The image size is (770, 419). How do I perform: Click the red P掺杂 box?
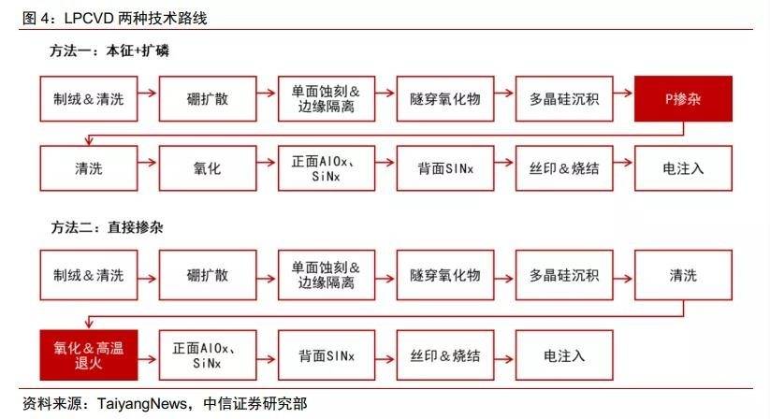point(683,98)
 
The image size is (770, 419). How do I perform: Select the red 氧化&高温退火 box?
point(89,355)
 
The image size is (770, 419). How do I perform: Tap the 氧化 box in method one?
point(208,168)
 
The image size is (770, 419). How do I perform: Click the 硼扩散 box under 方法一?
point(208,98)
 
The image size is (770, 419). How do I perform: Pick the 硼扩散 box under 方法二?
point(208,275)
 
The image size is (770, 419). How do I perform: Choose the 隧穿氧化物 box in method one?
point(445,98)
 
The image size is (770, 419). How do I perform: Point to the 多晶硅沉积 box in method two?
point(564,275)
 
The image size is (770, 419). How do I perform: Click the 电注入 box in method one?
point(683,168)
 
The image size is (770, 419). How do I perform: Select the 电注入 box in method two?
point(564,355)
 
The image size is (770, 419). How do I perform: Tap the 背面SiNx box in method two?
point(327,355)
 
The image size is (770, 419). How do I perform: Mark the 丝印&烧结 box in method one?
point(564,168)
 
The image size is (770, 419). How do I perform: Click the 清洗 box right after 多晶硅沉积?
point(683,275)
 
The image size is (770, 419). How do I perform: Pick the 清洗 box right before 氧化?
point(89,168)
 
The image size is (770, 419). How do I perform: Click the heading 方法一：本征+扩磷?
point(109,51)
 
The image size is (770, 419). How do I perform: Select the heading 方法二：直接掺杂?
point(107,227)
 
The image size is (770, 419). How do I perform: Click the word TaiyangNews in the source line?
point(142,404)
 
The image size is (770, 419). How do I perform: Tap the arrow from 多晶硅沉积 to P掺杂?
point(624,93)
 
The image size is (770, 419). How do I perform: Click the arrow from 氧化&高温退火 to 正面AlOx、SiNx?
point(149,359)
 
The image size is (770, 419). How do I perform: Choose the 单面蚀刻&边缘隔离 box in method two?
point(327,275)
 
